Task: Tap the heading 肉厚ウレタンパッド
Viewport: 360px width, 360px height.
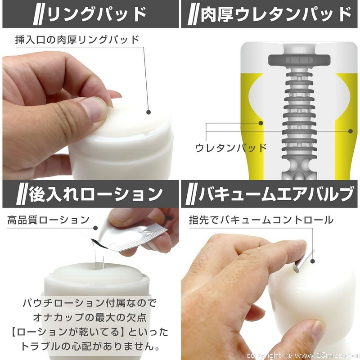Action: pos(276,14)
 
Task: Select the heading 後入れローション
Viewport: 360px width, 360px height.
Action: pos(96,194)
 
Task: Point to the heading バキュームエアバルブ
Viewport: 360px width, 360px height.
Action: pos(276,194)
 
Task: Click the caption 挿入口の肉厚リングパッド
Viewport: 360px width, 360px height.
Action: pos(77,40)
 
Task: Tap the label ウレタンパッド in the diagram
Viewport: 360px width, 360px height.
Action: pos(231,148)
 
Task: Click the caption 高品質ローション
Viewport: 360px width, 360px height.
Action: pos(49,220)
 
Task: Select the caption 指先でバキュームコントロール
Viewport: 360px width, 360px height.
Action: pos(261,220)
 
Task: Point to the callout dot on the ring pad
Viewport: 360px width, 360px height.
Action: pos(148,112)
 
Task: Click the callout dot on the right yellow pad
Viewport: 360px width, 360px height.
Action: pos(351,131)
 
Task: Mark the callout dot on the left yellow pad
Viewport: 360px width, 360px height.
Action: pos(261,123)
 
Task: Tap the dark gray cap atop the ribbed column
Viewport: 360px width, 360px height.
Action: pos(299,60)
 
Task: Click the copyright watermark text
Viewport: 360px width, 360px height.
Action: pos(302,355)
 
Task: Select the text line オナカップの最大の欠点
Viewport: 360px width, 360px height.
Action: pos(90,318)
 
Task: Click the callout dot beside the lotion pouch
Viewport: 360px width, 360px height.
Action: pos(95,228)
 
